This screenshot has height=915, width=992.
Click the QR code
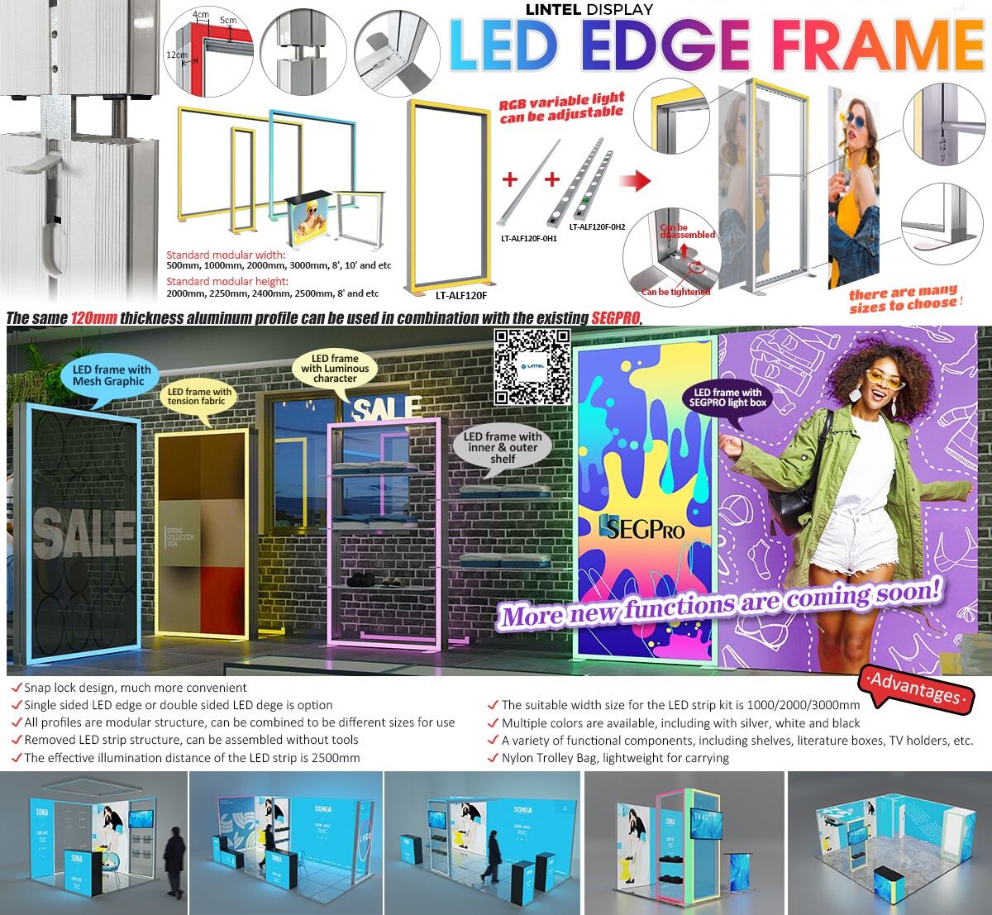click(533, 365)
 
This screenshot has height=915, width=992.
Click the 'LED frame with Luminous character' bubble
click(335, 368)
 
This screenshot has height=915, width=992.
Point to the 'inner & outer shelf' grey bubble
click(502, 447)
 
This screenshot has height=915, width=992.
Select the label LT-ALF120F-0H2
click(597, 226)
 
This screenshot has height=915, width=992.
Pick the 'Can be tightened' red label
click(675, 292)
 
